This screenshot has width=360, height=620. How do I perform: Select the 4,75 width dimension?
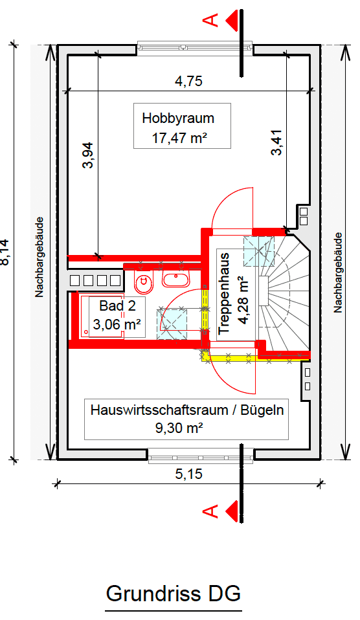(189, 82)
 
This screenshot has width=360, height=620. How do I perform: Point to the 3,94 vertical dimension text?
(89, 155)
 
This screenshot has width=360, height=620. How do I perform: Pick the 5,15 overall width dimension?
(189, 474)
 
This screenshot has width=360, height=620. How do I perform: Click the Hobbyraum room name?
(178, 118)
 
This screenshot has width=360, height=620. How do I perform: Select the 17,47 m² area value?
(178, 137)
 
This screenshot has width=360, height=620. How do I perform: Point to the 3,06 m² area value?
(117, 325)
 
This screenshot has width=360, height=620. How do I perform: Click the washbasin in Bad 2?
(175, 280)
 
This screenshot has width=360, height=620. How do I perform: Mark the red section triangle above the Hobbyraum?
(231, 21)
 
